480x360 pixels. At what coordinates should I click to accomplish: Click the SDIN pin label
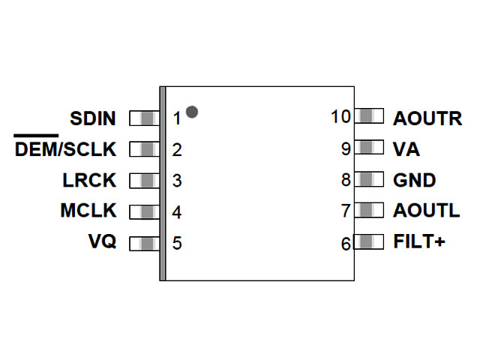tap(93, 118)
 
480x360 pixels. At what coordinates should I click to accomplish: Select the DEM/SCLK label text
tap(66, 150)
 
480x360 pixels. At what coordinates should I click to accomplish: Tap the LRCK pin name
tap(89, 181)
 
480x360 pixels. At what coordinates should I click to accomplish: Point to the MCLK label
tap(88, 211)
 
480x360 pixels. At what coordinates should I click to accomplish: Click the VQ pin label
tap(102, 243)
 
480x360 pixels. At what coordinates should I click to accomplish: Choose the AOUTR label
tap(427, 118)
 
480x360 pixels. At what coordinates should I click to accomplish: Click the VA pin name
tap(406, 149)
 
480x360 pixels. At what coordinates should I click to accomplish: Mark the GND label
tap(414, 181)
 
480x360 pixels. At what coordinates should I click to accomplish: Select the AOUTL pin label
tap(426, 211)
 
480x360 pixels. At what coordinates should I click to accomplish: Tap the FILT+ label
tap(419, 243)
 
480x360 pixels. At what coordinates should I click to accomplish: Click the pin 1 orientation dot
tap(192, 112)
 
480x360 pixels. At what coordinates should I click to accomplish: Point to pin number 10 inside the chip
tap(340, 118)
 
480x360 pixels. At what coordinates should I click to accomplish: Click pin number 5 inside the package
tap(177, 244)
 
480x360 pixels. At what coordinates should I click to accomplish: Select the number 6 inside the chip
tap(346, 244)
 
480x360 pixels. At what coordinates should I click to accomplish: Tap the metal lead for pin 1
tap(144, 118)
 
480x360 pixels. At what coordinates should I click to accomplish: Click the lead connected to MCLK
tap(144, 211)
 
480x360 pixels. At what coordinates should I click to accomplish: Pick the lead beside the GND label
tap(368, 180)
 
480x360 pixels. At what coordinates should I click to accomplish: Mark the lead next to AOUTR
tap(368, 117)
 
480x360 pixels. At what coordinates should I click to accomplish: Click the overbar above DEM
tap(36, 136)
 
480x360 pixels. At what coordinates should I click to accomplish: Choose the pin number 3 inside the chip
tap(177, 181)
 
